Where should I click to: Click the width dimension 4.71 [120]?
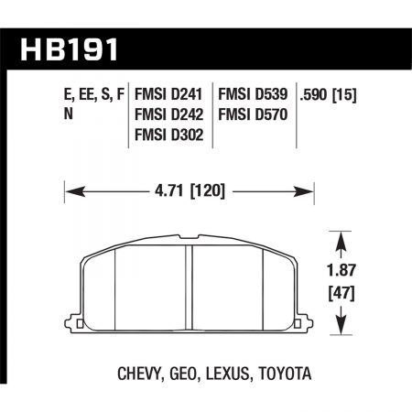tap(188, 191)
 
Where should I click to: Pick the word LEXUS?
tap(225, 374)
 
